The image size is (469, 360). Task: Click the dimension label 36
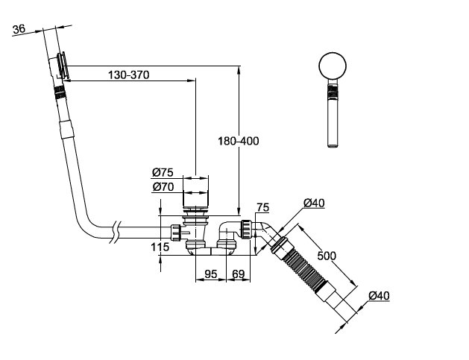[19, 29]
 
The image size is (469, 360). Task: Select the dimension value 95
[210, 274]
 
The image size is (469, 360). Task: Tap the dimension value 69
[238, 274]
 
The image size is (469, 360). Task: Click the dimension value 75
[262, 207]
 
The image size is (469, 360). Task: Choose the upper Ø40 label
[314, 203]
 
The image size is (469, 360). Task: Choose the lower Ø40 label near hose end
[378, 295]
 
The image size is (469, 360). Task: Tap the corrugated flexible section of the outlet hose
[304, 269]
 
